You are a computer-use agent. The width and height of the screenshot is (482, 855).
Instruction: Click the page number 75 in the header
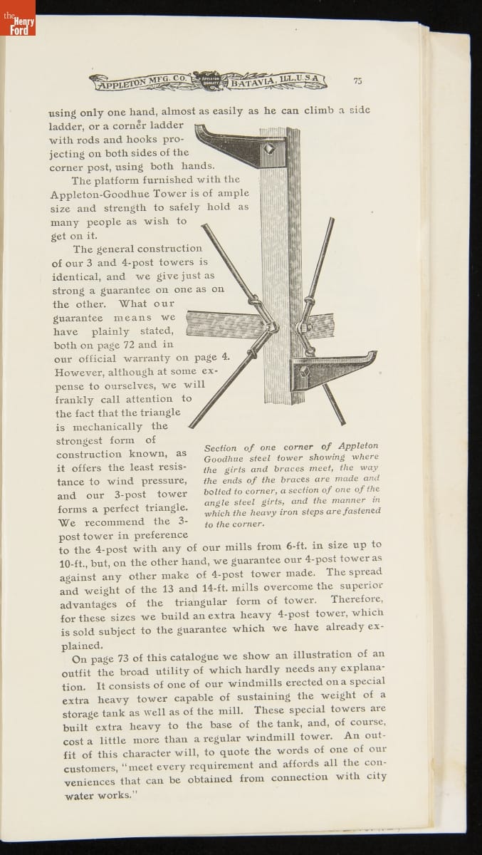click(357, 81)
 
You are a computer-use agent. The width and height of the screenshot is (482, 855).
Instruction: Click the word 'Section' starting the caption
click(220, 448)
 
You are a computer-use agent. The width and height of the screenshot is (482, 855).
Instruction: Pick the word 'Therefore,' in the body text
click(357, 598)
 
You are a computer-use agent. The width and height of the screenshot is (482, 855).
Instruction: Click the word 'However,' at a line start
click(76, 372)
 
